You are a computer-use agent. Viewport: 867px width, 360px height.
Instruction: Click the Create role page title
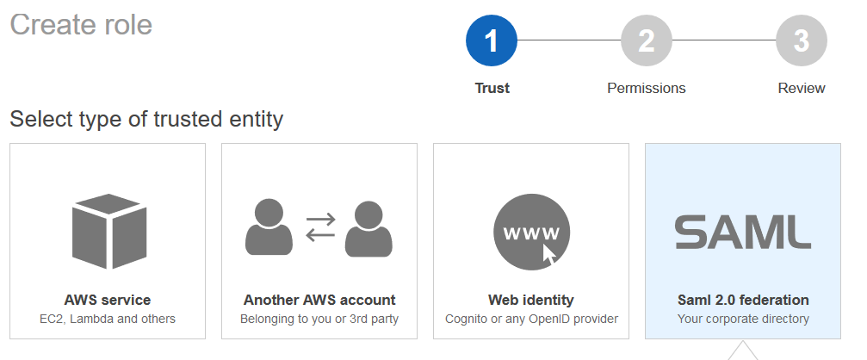[x=81, y=25]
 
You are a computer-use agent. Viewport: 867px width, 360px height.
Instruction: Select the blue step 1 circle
[x=492, y=41]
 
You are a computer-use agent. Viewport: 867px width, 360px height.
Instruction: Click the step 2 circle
[x=647, y=41]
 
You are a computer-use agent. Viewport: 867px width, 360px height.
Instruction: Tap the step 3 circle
[x=801, y=41]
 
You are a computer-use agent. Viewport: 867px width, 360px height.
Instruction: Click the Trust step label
[x=492, y=88]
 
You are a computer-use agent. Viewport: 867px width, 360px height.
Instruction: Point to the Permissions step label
[x=647, y=88]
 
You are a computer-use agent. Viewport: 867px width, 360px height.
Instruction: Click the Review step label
[x=801, y=88]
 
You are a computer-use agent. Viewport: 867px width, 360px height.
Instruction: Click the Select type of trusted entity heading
[x=146, y=119]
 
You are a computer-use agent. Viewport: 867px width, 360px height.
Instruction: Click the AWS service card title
[x=108, y=301]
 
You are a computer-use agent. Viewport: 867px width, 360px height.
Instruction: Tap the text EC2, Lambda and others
[x=108, y=320]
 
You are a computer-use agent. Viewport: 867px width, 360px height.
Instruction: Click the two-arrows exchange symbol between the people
[x=320, y=227]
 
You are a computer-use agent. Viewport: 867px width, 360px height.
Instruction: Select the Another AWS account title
[x=319, y=301]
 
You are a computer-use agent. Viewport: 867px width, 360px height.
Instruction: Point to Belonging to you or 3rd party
[x=319, y=320]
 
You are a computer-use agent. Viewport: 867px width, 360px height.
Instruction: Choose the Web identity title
[x=531, y=301]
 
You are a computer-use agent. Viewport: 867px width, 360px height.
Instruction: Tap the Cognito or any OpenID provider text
[x=531, y=320]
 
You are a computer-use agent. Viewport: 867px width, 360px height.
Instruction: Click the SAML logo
[x=742, y=232]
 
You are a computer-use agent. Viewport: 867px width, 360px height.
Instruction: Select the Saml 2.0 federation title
[x=743, y=301]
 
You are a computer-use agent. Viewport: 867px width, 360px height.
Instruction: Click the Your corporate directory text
[x=743, y=320]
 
